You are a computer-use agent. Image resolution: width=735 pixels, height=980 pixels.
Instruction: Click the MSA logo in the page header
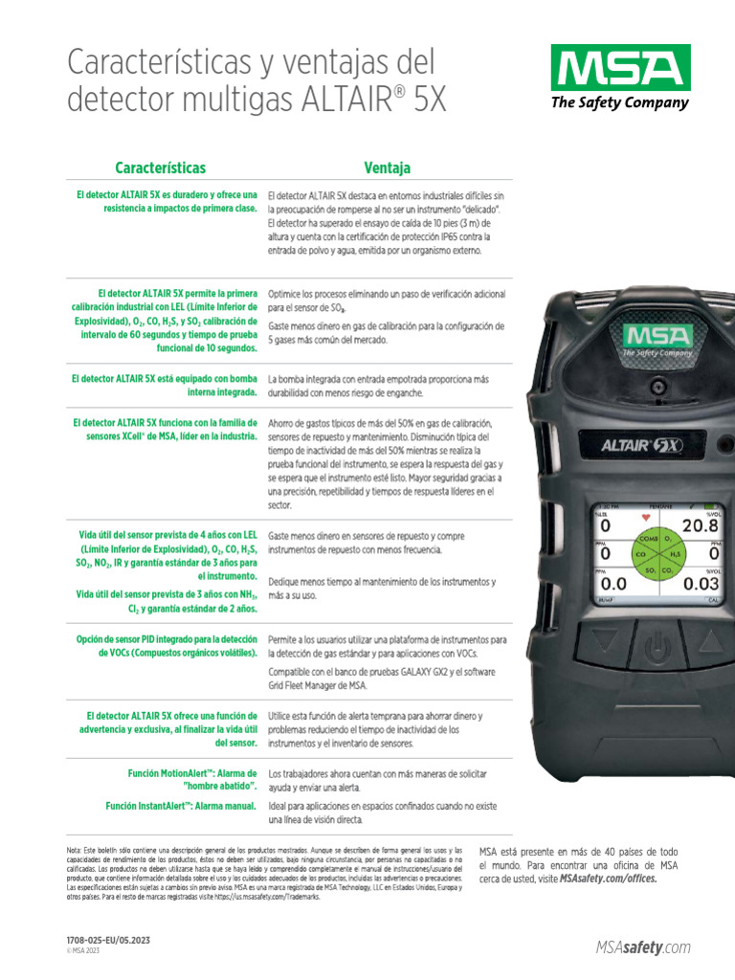619,68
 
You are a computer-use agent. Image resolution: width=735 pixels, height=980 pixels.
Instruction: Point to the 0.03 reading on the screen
701,583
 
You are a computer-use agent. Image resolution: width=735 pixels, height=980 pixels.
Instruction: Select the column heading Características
160,168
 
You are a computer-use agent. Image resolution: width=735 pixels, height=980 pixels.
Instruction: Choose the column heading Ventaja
387,168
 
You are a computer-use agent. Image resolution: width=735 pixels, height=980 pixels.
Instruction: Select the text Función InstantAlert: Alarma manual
181,806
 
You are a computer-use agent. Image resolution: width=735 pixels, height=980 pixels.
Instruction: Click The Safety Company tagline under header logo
619,103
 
